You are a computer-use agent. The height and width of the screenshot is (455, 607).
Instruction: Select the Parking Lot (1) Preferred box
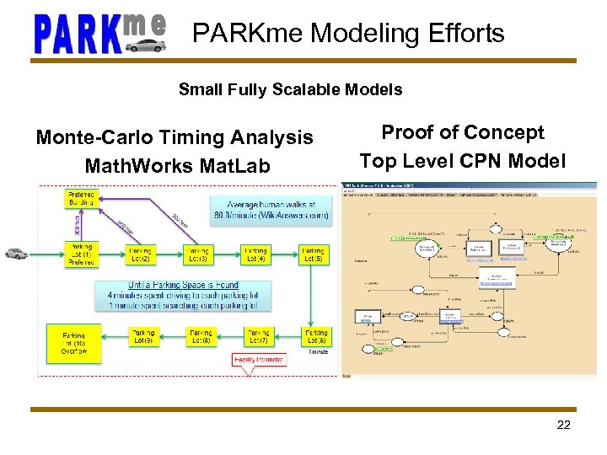pyautogui.click(x=80, y=255)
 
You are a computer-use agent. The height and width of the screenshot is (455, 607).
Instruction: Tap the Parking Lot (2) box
pyautogui.click(x=141, y=254)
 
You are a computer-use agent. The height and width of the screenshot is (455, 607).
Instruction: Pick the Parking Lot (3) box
pyautogui.click(x=199, y=254)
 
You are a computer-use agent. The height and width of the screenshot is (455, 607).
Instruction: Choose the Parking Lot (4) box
pyautogui.click(x=255, y=254)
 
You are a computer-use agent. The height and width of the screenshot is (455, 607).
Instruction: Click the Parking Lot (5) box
pyautogui.click(x=314, y=254)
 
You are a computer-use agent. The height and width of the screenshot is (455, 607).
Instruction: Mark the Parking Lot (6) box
pyautogui.click(x=316, y=337)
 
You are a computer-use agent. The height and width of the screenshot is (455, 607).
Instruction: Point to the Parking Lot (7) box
pyautogui.click(x=258, y=337)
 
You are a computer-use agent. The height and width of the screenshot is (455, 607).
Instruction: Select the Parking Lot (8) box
pyautogui.click(x=201, y=337)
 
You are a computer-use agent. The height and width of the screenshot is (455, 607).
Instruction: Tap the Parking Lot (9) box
pyautogui.click(x=143, y=337)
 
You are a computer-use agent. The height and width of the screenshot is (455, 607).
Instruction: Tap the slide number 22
pyautogui.click(x=564, y=425)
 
